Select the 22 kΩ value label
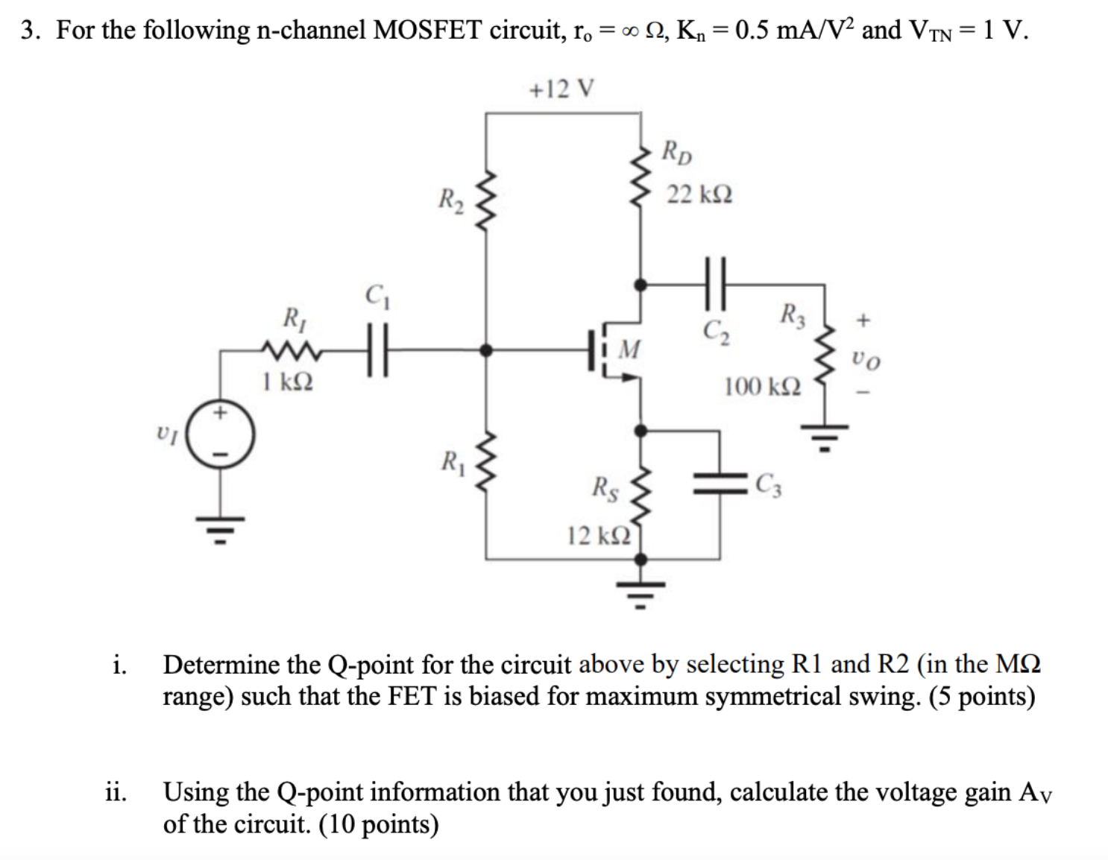[699, 195]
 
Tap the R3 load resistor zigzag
[824, 347]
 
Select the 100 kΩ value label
[762, 387]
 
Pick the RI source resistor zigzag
[292, 350]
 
